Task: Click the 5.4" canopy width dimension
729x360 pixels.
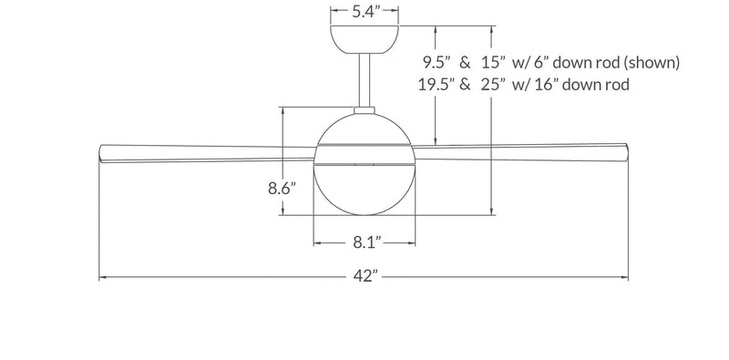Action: click(364, 12)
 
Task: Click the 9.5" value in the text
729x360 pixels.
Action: click(438, 63)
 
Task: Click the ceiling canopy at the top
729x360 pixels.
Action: click(364, 37)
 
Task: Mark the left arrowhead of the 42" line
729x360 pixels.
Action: click(102, 277)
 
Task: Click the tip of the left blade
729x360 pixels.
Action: click(101, 151)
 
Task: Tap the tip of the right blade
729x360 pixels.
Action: click(628, 151)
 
